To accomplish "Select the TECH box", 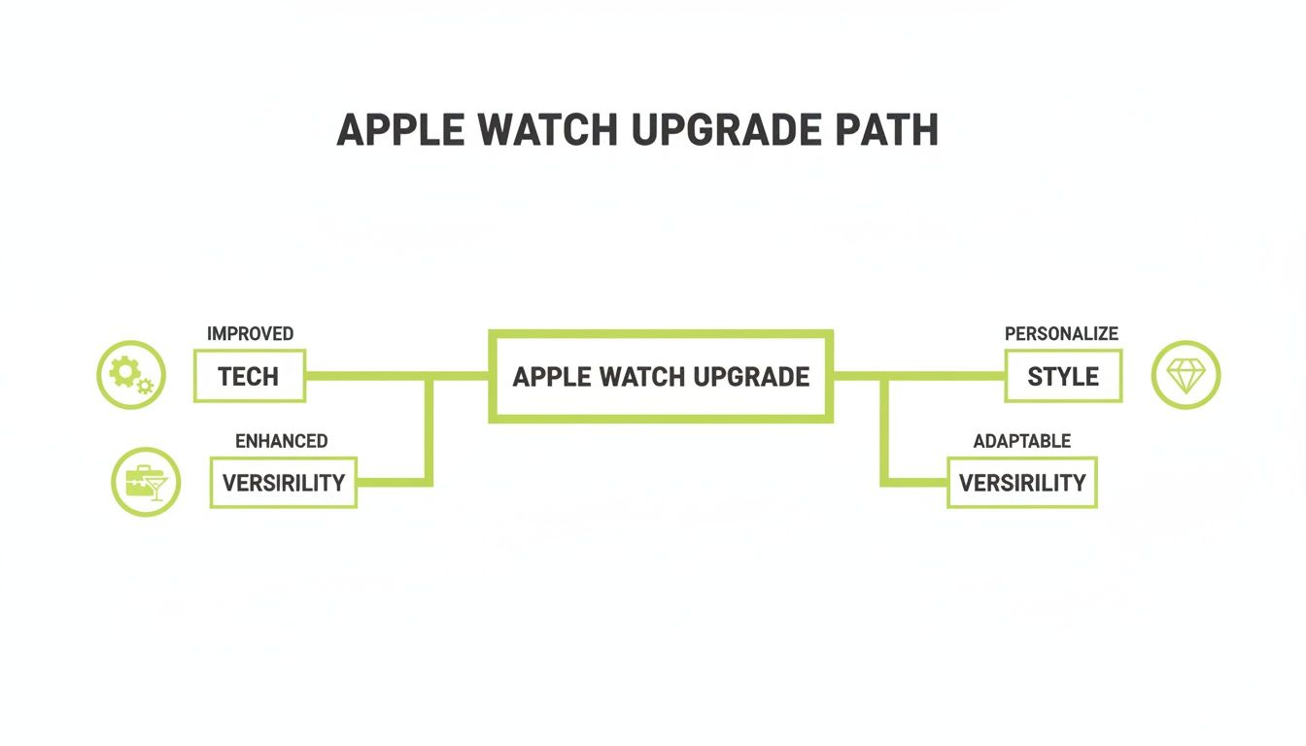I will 250,376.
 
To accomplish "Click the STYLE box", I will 1063,376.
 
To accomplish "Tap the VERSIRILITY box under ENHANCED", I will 284,482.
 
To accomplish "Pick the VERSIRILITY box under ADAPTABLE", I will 1022,482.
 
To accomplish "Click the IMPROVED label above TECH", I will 250,333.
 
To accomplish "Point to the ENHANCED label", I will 282,440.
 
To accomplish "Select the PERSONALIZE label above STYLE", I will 1061,333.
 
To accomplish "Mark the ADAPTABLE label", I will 1022,440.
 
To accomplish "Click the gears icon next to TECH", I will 130,374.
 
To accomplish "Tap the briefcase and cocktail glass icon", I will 146,482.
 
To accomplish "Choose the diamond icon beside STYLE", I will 1186,374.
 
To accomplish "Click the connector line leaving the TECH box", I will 364,376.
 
